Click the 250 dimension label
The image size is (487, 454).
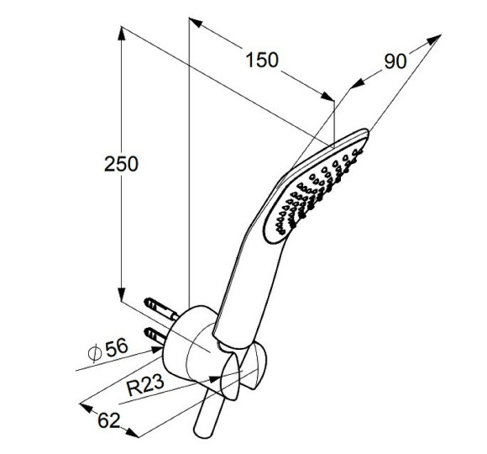click(x=121, y=164)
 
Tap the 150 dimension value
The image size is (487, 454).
click(x=262, y=60)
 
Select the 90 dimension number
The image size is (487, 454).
click(x=395, y=61)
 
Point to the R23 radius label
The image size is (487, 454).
click(x=145, y=385)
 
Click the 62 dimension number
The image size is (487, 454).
click(x=108, y=420)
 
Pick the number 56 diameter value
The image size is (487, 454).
click(x=117, y=347)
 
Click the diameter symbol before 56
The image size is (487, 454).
click(x=95, y=352)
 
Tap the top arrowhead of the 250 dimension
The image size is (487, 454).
click(x=122, y=34)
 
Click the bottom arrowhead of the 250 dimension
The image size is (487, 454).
click(x=122, y=295)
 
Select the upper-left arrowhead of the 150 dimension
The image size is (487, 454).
click(x=196, y=23)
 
